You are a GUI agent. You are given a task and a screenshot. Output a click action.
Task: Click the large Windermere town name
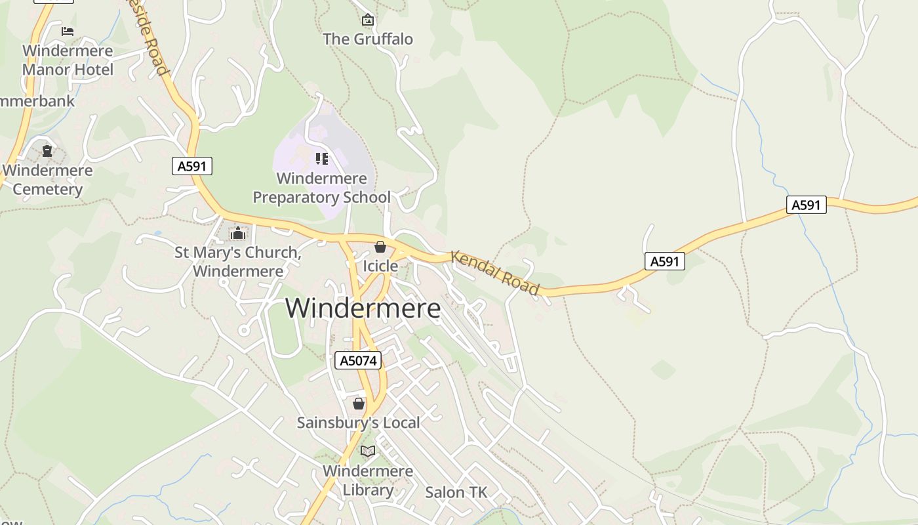363,308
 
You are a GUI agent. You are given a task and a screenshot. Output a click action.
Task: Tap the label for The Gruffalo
368,39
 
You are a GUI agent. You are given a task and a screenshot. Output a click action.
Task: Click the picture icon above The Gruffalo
368,20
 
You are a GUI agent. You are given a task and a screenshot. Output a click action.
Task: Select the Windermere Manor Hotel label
68,60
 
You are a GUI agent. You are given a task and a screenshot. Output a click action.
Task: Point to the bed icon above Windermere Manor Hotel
68,31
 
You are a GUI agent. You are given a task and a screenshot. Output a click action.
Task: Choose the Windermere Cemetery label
47,180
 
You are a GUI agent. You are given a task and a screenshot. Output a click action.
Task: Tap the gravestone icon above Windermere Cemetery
47,151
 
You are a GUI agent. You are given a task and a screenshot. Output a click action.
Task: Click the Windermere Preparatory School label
321,188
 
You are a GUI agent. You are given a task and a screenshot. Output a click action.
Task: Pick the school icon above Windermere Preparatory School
321,158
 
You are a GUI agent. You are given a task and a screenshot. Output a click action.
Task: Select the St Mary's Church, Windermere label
237,262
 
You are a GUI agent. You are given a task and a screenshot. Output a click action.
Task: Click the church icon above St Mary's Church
237,233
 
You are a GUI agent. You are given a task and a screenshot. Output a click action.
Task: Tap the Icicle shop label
380,266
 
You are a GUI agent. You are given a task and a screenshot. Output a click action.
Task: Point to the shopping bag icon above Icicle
380,247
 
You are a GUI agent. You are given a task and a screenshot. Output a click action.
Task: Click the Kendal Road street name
495,273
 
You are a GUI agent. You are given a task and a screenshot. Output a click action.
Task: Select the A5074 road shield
358,360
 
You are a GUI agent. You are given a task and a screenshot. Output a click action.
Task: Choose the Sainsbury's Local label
358,423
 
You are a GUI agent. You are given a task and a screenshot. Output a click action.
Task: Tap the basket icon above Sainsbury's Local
358,404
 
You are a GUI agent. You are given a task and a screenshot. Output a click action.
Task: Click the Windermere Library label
368,480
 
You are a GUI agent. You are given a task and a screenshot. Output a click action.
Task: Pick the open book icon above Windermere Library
368,451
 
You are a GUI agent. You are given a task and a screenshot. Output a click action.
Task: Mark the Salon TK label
456,492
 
